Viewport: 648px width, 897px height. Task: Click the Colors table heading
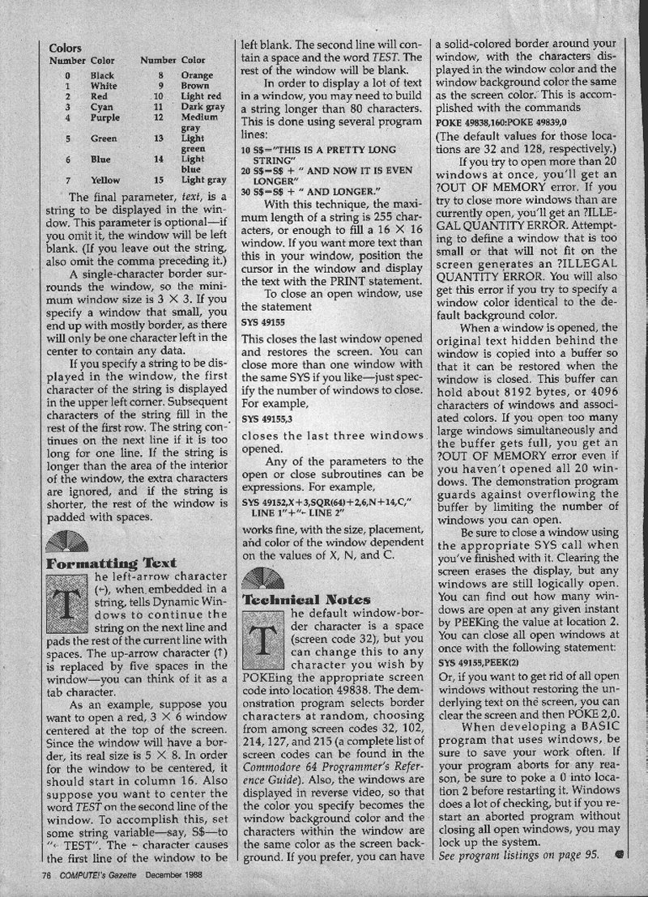[x=65, y=49]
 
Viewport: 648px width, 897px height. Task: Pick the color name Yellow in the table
[x=106, y=180]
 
